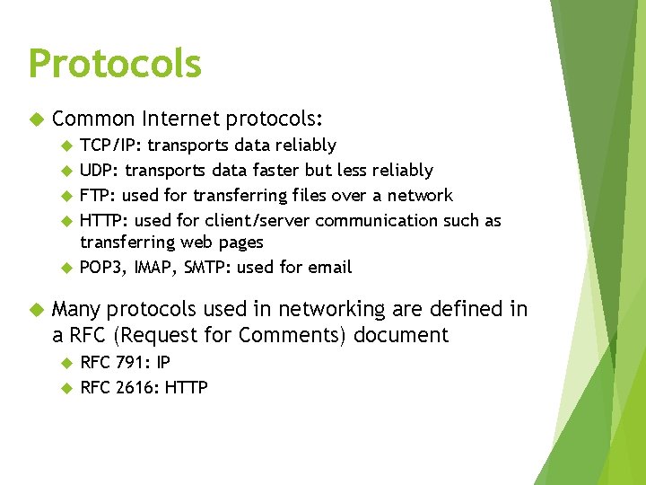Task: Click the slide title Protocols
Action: coord(115,65)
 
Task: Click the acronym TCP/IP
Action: coord(110,145)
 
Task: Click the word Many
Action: coord(77,310)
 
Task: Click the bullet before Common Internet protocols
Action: coord(37,119)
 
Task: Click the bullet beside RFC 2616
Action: coord(65,388)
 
